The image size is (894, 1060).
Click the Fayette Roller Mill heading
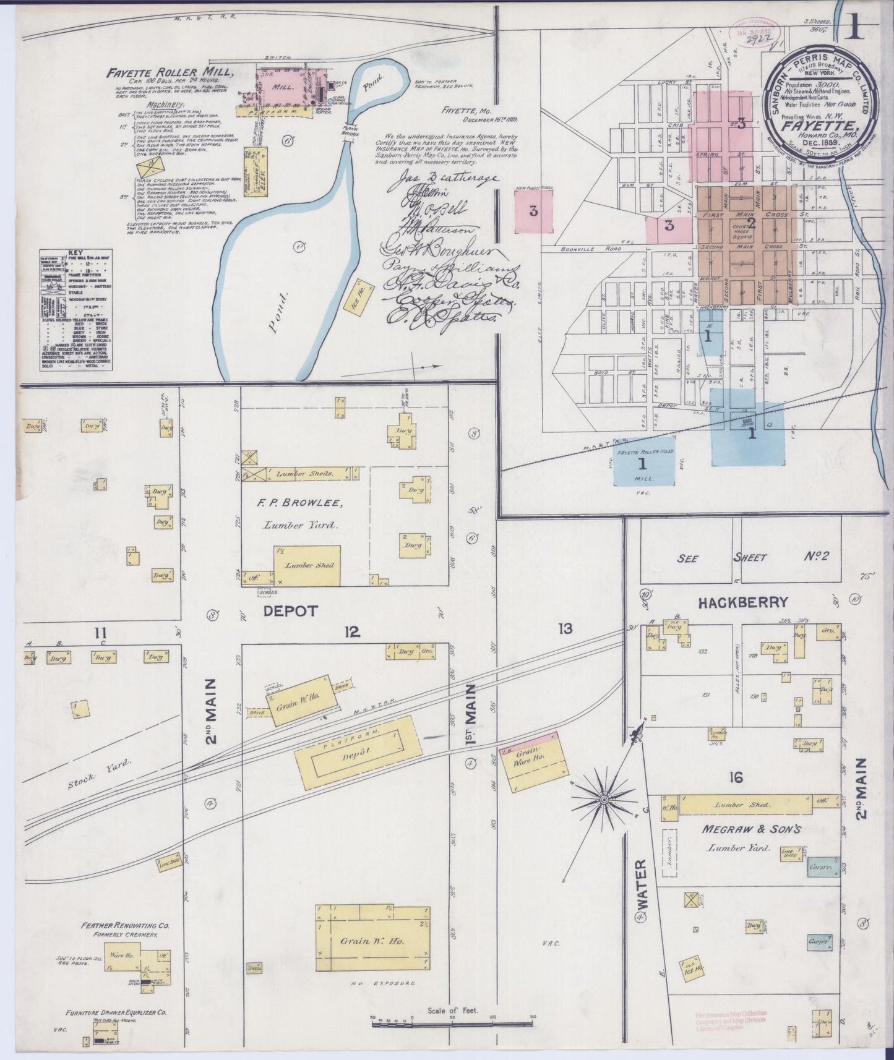169,72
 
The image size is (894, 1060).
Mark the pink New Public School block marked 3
533,211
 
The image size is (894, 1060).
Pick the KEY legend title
74,252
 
